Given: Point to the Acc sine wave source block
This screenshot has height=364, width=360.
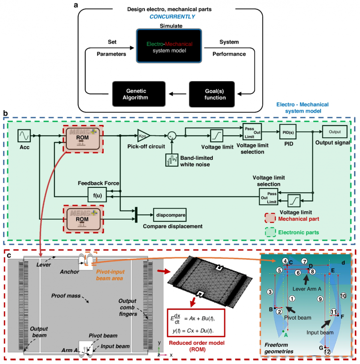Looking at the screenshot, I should pos(24,136).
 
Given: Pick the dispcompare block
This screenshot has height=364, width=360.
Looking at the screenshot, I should pos(170,215).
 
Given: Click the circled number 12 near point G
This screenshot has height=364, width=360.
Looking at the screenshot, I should pos(328,352).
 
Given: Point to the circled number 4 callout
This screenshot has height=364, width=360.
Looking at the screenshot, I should pos(285,261).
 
